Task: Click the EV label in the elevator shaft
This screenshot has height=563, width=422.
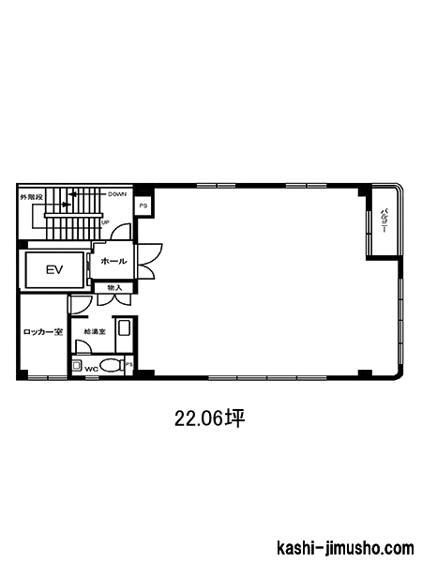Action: click(54, 269)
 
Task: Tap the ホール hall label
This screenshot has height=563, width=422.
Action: click(113, 261)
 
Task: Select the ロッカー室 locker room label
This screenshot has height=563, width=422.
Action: click(43, 332)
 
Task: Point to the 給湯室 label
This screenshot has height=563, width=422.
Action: click(95, 332)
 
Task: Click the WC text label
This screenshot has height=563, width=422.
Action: click(91, 369)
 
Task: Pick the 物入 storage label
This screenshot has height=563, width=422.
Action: click(114, 288)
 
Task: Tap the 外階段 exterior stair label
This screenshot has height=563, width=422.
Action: click(31, 197)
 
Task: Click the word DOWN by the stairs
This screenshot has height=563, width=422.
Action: click(117, 194)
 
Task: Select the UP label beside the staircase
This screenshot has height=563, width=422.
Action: click(105, 222)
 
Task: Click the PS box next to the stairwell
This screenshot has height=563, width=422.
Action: click(143, 206)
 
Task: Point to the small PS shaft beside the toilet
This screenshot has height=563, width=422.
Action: click(128, 364)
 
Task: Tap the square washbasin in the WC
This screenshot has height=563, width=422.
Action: click(77, 366)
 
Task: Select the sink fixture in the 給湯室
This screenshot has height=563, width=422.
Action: click(125, 327)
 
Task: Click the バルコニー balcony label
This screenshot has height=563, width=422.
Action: click(384, 221)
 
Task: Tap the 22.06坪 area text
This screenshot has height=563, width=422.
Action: click(209, 418)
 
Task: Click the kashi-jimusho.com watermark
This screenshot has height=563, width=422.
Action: click(345, 548)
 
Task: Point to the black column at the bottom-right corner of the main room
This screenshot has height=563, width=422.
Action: click(366, 373)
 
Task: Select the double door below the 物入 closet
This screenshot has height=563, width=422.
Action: click(114, 300)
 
